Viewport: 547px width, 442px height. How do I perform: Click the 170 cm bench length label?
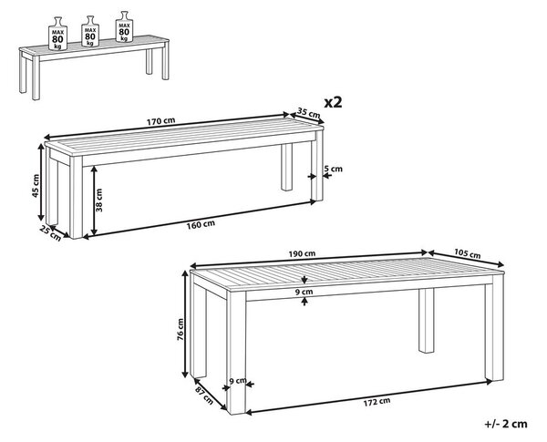[x=160, y=121]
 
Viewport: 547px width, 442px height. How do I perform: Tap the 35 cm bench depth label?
[x=308, y=113]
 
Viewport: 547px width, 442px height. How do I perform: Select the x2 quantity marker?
[x=333, y=102]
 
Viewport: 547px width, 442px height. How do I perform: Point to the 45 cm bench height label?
[x=36, y=185]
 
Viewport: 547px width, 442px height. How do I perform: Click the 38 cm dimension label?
[x=98, y=200]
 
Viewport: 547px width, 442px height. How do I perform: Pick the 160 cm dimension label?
[x=201, y=224]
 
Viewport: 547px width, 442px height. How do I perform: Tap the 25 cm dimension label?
[x=50, y=233]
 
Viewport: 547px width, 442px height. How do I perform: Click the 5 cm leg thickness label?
[x=333, y=169]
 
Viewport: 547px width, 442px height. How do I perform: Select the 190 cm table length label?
[x=302, y=253]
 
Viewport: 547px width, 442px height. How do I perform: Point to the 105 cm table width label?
[x=468, y=253]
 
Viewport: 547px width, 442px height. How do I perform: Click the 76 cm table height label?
[x=180, y=329]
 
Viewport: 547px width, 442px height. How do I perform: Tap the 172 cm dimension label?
[x=377, y=402]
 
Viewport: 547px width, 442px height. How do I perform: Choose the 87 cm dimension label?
[x=204, y=396]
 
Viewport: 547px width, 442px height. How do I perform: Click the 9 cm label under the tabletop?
[x=304, y=292]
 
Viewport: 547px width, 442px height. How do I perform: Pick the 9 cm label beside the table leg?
[x=238, y=380]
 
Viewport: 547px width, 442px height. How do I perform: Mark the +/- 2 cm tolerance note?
[x=506, y=424]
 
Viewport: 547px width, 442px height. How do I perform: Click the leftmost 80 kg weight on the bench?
[x=57, y=34]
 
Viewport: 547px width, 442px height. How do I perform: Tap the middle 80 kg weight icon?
[x=90, y=31]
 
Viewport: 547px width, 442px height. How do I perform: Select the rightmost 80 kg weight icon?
[x=124, y=26]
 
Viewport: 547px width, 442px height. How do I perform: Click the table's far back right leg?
[x=427, y=321]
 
